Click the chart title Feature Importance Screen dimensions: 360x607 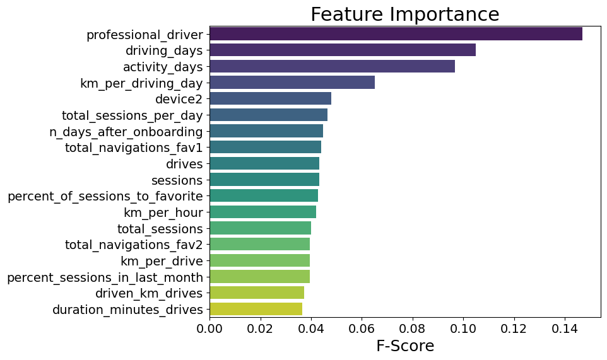point(404,15)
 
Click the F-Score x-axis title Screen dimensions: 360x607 point(404,346)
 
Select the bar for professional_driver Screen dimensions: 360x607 point(396,34)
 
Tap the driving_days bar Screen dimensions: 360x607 point(343,50)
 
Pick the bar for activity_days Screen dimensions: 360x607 point(332,66)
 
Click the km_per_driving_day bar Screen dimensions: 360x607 point(292,83)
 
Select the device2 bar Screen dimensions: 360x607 point(270,98)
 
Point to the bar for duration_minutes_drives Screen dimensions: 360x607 point(256,309)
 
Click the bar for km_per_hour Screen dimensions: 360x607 point(262,212)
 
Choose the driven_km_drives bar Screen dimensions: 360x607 point(257,293)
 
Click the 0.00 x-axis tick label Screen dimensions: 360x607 point(209,329)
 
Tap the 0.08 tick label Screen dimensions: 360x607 point(413,329)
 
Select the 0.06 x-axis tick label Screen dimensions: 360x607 point(362,329)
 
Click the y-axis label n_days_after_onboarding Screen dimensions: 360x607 point(126,131)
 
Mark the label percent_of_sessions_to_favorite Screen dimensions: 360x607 point(105,196)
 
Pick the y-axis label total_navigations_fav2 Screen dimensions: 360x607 point(134,245)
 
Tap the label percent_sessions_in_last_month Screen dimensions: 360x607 point(105,277)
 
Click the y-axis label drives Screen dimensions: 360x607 point(184,164)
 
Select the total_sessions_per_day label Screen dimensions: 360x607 point(133,115)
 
